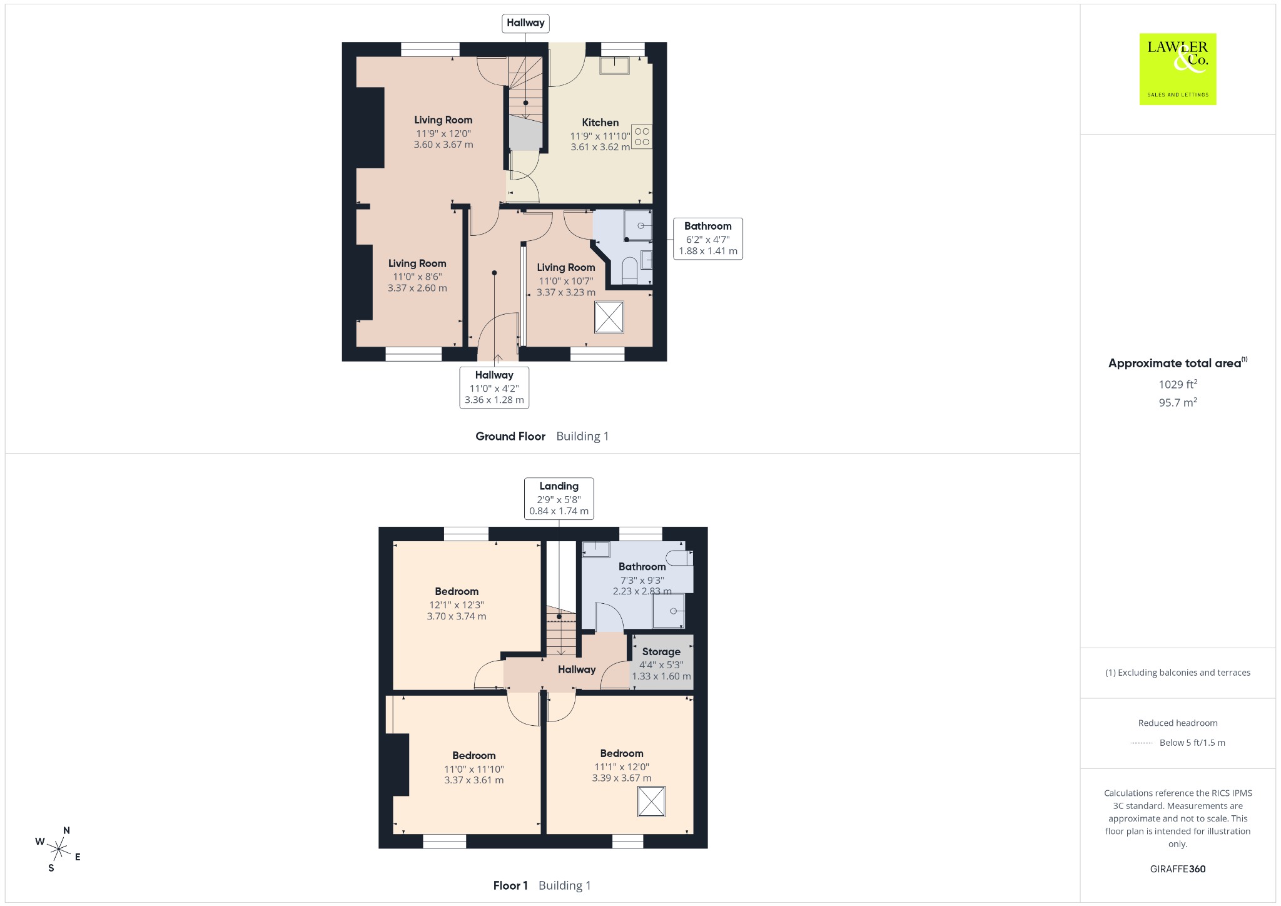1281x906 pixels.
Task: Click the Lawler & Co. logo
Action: pyautogui.click(x=1178, y=69)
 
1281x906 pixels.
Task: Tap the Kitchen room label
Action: pyautogui.click(x=600, y=123)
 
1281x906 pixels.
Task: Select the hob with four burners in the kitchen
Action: pyautogui.click(x=642, y=137)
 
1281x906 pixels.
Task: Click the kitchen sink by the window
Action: pyautogui.click(x=614, y=65)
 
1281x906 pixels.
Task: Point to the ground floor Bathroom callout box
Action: pyautogui.click(x=708, y=238)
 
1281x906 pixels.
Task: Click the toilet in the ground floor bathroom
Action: pyautogui.click(x=630, y=270)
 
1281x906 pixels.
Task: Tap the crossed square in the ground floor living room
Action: pyautogui.click(x=609, y=317)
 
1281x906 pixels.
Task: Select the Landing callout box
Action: pyautogui.click(x=559, y=499)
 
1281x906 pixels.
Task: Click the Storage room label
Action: pyautogui.click(x=661, y=651)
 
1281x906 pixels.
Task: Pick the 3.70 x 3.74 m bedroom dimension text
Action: pyautogui.click(x=457, y=616)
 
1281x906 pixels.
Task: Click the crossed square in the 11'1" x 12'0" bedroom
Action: pyautogui.click(x=651, y=802)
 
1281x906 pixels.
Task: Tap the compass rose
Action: pyautogui.click(x=59, y=849)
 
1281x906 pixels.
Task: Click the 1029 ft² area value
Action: pyautogui.click(x=1178, y=384)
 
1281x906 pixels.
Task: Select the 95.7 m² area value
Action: pyautogui.click(x=1178, y=402)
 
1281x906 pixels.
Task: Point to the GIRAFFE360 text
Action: pyautogui.click(x=1178, y=868)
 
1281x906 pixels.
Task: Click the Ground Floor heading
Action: pyautogui.click(x=510, y=436)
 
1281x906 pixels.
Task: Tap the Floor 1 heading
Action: pyautogui.click(x=510, y=885)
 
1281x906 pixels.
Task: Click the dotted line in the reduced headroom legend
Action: pyautogui.click(x=1142, y=743)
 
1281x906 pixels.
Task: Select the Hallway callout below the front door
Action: pyautogui.click(x=494, y=387)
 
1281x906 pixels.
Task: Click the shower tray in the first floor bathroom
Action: pyautogui.click(x=668, y=611)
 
